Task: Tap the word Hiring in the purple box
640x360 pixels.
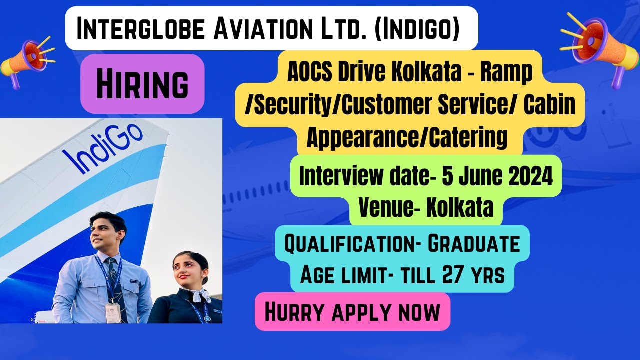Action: [142, 83]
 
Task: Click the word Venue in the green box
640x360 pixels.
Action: [390, 208]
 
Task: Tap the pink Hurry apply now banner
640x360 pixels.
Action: [352, 312]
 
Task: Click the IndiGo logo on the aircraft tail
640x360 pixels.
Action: [102, 148]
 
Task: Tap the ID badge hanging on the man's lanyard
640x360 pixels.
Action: [113, 312]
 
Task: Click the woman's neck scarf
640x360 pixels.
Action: [197, 295]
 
